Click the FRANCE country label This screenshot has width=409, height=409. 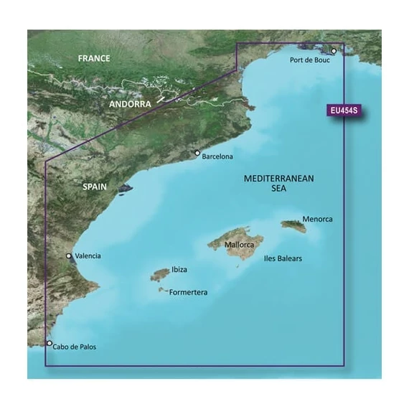coord(95,58)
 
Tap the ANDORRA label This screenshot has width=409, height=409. coord(131,104)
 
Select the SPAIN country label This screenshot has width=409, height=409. coord(95,187)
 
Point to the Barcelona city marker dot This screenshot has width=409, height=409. coord(198,153)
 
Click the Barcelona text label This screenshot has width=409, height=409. coord(218,156)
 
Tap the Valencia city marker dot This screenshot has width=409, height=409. coord(69,255)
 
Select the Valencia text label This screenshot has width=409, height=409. coord(88,256)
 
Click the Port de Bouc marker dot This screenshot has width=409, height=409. coord(334,51)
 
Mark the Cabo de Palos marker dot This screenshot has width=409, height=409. coord(49,344)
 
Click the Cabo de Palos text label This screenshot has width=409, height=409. coord(74,347)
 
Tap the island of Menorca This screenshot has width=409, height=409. coord(293,226)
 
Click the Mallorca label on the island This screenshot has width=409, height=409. coord(238,245)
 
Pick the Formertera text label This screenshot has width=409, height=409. coord(192,292)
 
